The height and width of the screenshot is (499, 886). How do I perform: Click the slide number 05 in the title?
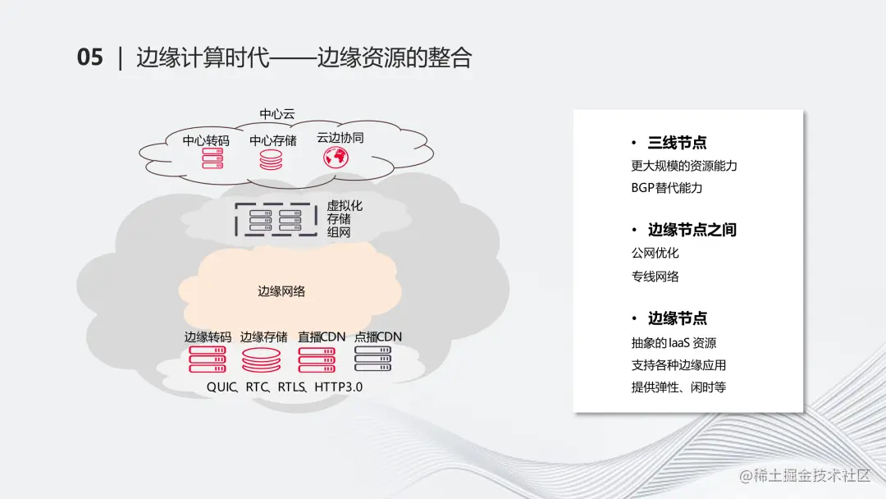(x=90, y=57)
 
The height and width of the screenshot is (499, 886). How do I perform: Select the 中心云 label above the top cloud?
(x=277, y=114)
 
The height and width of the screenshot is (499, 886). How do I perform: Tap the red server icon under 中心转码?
(x=212, y=159)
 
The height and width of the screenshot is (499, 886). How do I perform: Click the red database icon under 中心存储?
(x=271, y=159)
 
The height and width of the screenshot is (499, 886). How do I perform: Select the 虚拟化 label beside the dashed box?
(x=345, y=206)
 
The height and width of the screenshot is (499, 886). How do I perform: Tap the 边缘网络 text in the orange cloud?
(x=281, y=291)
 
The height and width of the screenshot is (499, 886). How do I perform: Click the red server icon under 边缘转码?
(x=208, y=359)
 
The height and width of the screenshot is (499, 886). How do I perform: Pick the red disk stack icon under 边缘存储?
(x=262, y=359)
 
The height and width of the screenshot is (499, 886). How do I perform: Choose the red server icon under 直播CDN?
(x=317, y=359)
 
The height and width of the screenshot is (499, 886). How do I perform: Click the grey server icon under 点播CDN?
(x=372, y=359)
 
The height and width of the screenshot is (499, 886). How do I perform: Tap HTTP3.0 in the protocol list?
(x=338, y=387)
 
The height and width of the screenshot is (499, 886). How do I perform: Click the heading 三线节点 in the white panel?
(x=678, y=143)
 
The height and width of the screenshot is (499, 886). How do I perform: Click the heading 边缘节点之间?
(x=692, y=230)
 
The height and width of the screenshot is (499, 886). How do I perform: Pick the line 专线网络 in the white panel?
(x=655, y=277)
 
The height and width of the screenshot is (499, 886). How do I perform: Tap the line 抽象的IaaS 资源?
(x=674, y=343)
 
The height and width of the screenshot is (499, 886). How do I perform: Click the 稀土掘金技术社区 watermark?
(x=805, y=476)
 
